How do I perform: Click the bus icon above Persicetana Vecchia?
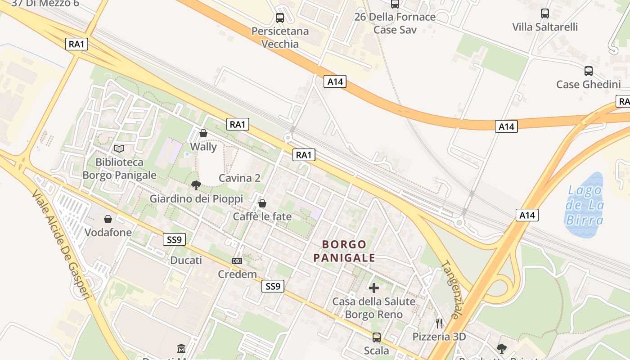click(x=280, y=18)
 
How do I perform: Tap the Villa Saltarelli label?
click(x=545, y=27)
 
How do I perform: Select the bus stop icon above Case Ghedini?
click(x=588, y=71)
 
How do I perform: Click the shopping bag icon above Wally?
click(x=203, y=133)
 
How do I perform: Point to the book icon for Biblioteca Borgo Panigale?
click(x=119, y=148)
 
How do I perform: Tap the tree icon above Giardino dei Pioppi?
click(x=196, y=185)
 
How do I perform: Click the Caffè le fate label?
click(x=262, y=216)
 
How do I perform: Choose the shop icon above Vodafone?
click(x=108, y=219)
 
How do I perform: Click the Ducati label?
click(x=186, y=261)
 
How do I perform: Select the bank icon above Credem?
click(x=237, y=261)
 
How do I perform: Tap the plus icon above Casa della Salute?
click(x=373, y=288)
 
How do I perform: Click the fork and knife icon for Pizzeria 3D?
click(x=439, y=323)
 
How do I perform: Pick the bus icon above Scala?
click(x=377, y=337)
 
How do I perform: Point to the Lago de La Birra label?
click(x=584, y=205)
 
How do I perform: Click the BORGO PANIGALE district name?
click(x=344, y=251)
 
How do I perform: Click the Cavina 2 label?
click(x=239, y=178)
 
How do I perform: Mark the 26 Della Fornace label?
click(x=395, y=17)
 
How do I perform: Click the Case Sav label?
click(x=395, y=30)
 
